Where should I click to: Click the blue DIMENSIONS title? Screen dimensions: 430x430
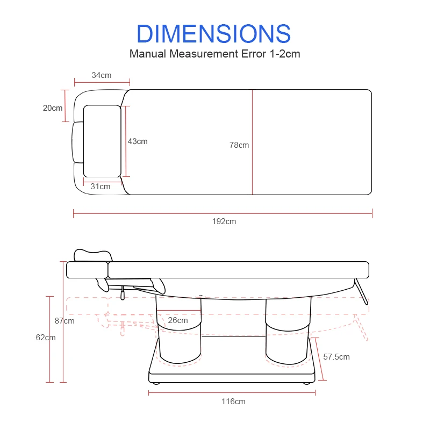click(213, 34)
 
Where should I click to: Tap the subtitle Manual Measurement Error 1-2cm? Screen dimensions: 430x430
click(214, 54)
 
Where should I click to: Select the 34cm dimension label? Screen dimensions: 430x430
click(102, 75)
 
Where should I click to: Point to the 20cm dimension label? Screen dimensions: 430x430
click(53, 108)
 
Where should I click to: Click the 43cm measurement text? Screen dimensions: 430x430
click(138, 141)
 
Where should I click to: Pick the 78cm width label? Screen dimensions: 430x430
click(239, 145)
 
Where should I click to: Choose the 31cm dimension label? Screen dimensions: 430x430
click(101, 187)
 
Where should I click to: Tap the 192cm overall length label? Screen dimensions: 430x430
click(224, 221)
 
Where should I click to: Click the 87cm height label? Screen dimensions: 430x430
click(64, 321)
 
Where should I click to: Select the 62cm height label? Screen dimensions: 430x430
click(46, 338)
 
